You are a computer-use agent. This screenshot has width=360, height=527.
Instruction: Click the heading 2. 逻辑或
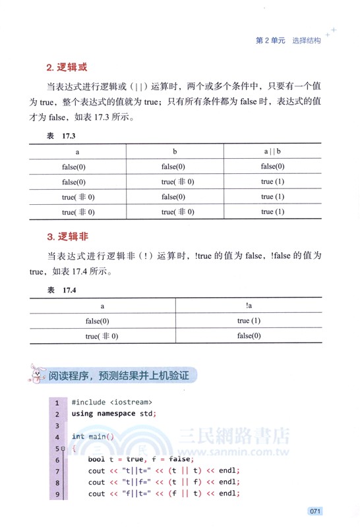click(x=67, y=67)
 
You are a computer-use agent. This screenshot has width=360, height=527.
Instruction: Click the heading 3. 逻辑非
click(x=67, y=236)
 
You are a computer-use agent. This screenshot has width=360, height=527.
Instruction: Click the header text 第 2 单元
click(x=270, y=40)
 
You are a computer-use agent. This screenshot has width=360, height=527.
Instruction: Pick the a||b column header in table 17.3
click(x=272, y=152)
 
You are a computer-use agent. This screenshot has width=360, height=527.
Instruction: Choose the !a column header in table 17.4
click(x=249, y=306)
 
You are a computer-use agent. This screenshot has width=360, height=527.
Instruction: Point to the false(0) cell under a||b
click(x=272, y=167)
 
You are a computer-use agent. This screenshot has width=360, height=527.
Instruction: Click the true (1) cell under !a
click(x=249, y=321)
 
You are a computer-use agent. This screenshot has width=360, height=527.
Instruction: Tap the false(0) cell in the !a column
click(x=249, y=336)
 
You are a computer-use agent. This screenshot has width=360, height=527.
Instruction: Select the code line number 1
click(x=57, y=402)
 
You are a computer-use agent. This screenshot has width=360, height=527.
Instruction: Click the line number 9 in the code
click(x=57, y=493)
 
